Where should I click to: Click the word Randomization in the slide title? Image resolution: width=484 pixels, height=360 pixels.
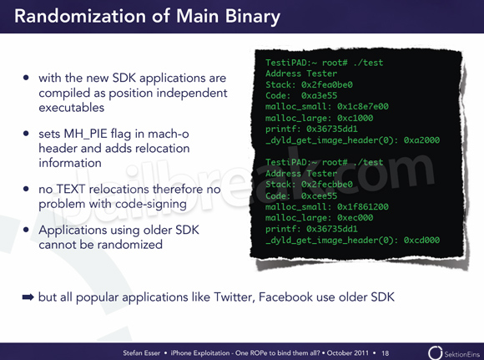[x=80, y=16]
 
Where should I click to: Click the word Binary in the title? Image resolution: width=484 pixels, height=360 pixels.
[x=253, y=17]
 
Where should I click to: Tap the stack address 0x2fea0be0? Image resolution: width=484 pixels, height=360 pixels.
[x=327, y=84]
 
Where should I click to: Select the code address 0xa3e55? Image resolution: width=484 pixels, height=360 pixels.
[x=319, y=95]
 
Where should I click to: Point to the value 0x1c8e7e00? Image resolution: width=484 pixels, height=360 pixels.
[x=363, y=107]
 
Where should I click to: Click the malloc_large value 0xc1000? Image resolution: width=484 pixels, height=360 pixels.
[x=355, y=118]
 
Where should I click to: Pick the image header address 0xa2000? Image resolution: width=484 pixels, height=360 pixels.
[x=421, y=140]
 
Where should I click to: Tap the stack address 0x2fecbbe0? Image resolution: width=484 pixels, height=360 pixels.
[x=327, y=185]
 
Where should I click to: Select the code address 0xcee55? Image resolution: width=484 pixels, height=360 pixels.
[x=319, y=195]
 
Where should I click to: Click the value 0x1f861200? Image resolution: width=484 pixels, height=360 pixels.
[x=363, y=206]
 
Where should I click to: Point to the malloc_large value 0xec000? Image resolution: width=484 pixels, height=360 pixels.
[x=355, y=217]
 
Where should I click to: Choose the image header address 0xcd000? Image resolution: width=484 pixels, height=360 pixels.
[x=421, y=240]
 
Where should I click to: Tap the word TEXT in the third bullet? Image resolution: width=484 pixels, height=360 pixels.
[x=70, y=189]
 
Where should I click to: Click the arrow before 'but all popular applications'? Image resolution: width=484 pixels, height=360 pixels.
[x=28, y=297]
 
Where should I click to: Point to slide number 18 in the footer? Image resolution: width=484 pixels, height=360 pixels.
[x=385, y=352]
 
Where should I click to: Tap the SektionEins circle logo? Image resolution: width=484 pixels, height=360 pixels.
[x=435, y=352]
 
